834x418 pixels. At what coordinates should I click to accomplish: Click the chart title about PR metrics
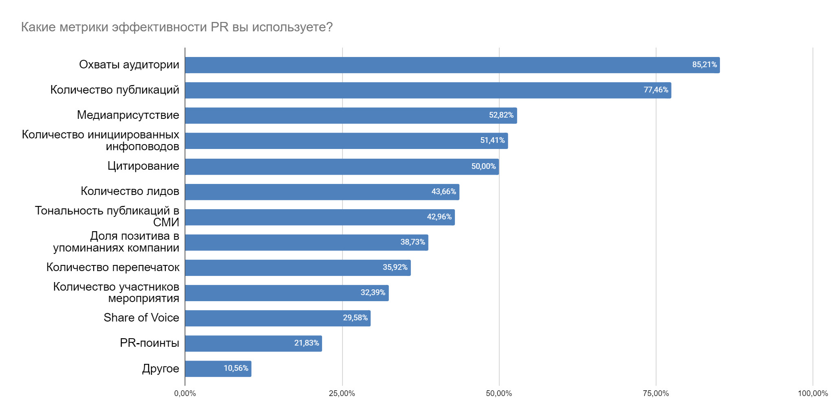(x=177, y=27)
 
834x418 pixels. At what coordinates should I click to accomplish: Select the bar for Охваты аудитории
(x=452, y=65)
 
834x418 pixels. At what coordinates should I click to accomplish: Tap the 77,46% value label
(x=656, y=90)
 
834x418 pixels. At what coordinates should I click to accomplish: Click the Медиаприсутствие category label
(x=128, y=115)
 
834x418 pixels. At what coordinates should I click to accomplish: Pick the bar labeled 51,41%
(x=346, y=141)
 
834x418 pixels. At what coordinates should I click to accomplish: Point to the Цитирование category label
(x=143, y=166)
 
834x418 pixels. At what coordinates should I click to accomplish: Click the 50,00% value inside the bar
(x=483, y=166)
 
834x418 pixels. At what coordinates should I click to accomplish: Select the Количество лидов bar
(x=322, y=192)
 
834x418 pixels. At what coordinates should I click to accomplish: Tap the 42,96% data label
(x=439, y=217)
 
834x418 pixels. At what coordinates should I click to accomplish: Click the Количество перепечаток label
(x=113, y=267)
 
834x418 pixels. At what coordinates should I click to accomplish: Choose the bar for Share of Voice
(x=278, y=318)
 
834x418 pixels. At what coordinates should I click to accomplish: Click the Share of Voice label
(x=141, y=318)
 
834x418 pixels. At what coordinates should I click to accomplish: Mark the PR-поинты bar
(x=253, y=344)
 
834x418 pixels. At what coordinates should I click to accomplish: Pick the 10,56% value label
(x=236, y=368)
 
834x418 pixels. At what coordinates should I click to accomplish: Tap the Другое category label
(x=160, y=369)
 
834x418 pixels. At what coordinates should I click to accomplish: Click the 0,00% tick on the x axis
(x=185, y=394)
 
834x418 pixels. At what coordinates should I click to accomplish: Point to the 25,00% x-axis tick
(x=342, y=394)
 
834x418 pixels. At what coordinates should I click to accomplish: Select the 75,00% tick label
(x=656, y=394)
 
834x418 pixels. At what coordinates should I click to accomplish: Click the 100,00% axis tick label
(x=812, y=394)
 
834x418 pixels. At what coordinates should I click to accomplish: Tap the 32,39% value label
(x=373, y=293)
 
